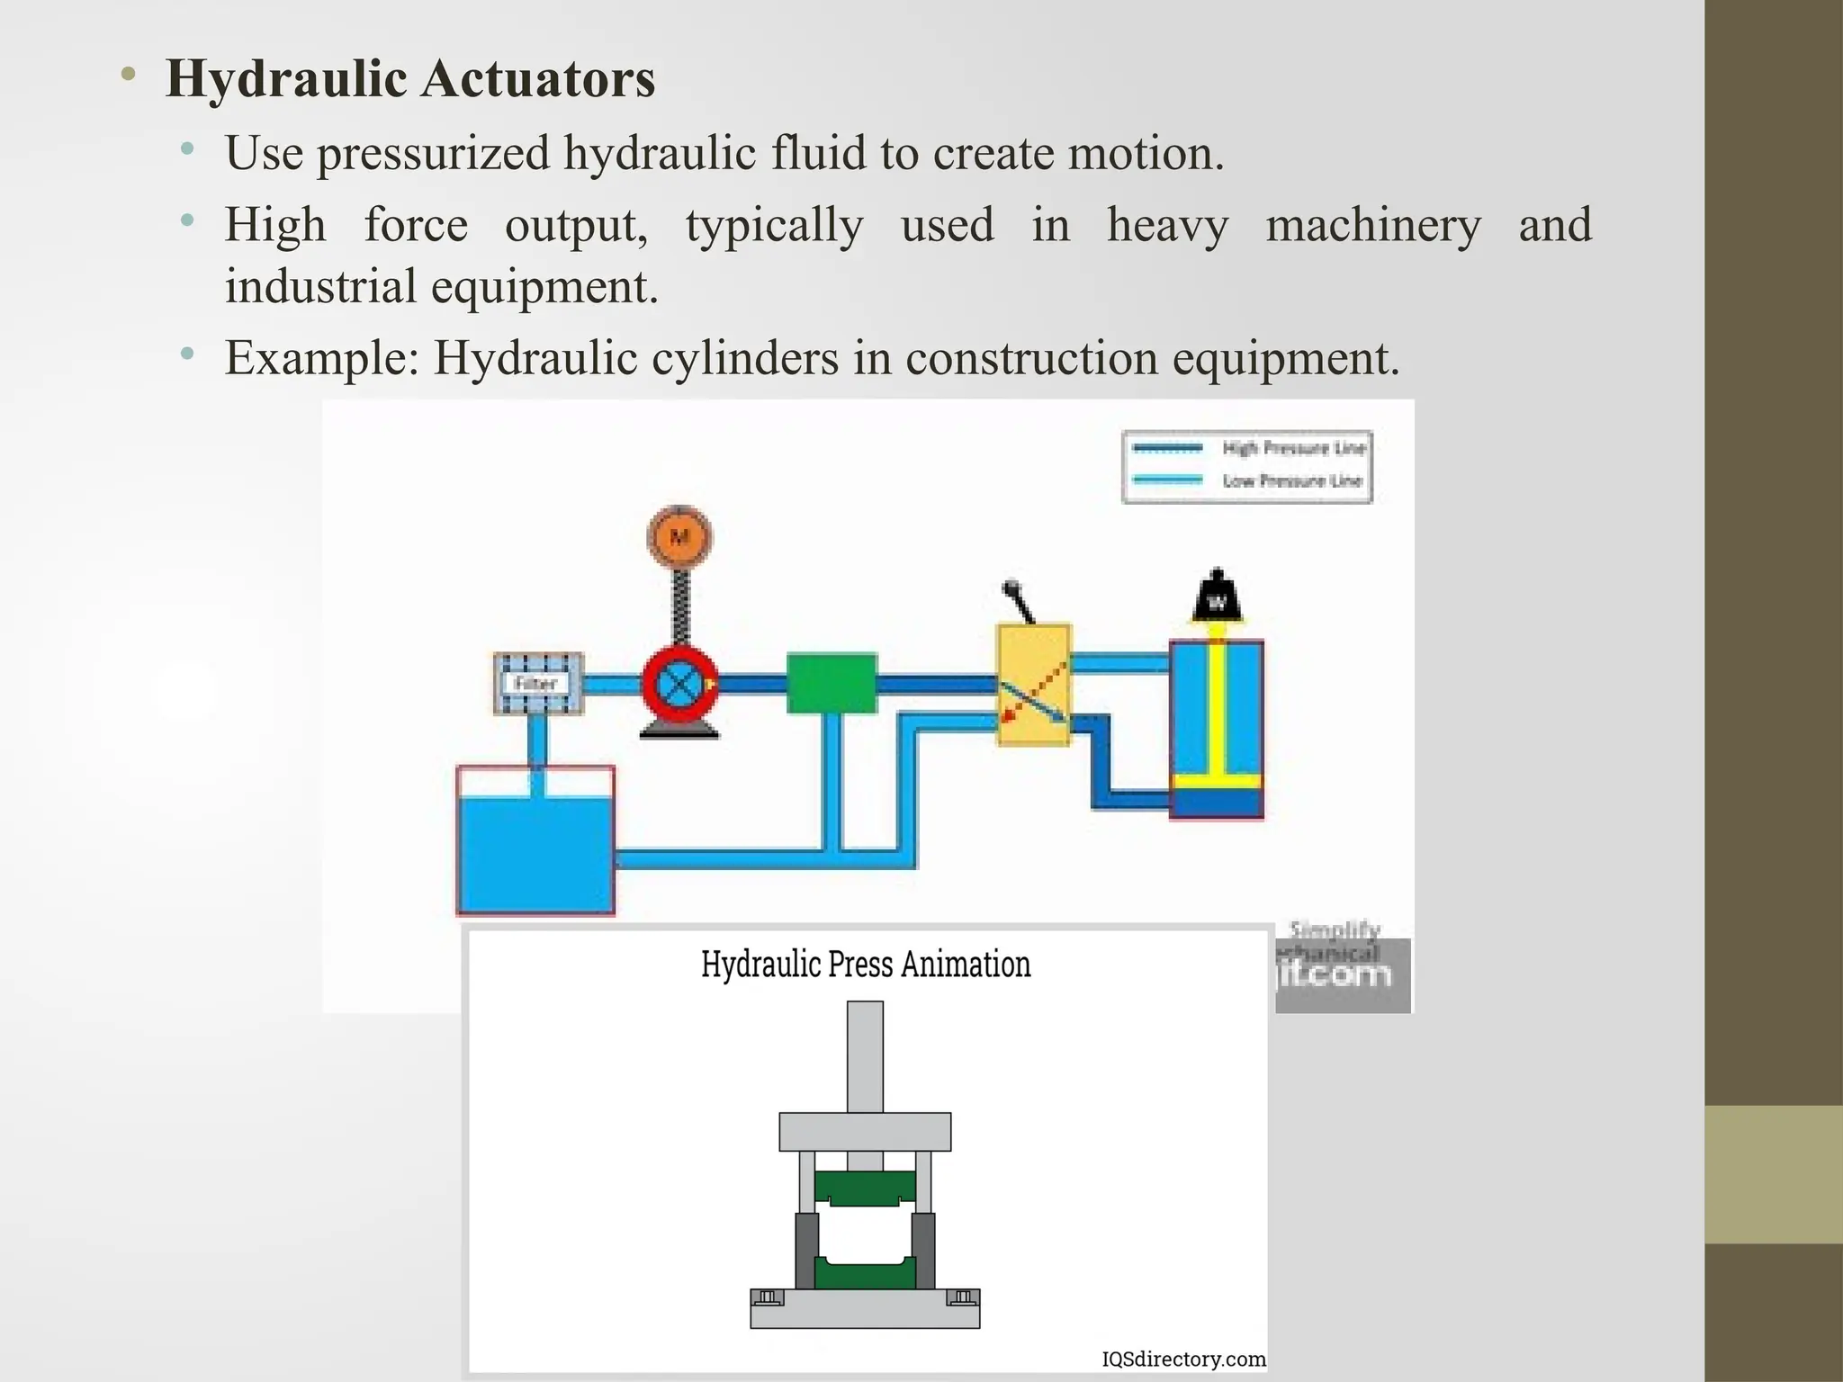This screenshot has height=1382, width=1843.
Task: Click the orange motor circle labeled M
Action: coord(679,537)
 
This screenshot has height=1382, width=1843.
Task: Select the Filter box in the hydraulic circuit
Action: coord(538,684)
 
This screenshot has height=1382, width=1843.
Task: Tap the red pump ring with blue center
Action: coord(679,684)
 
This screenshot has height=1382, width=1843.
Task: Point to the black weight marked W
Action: coord(1217,597)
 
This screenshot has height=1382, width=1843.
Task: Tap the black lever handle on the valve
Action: coord(1019,600)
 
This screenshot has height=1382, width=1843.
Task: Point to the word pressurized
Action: coord(433,154)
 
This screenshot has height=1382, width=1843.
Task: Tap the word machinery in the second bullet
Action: coord(1372,226)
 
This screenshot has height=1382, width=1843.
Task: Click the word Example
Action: coord(321,358)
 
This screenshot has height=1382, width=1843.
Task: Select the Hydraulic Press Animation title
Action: coord(866,965)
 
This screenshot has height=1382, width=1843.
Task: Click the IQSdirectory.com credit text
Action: coord(1183,1359)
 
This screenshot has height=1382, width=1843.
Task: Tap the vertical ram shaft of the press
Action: coord(865,1057)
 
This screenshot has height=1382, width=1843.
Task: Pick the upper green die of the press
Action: coord(865,1188)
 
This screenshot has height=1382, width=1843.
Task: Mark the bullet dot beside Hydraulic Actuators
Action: coord(129,76)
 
